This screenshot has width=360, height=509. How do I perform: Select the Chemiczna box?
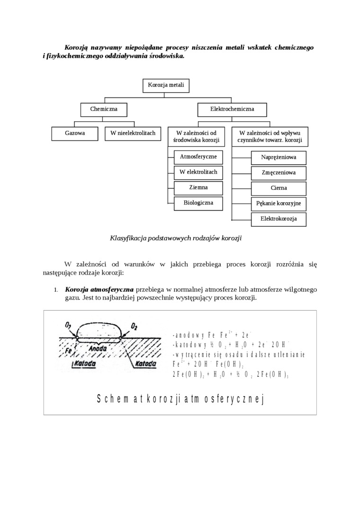tap(104, 109)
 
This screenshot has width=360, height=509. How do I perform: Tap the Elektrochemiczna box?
tap(232, 109)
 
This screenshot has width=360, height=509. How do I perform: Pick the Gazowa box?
tap(75, 134)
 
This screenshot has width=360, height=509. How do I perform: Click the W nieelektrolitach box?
tap(133, 134)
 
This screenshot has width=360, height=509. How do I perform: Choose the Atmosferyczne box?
tap(198, 157)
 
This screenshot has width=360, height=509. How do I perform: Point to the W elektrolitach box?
tap(198, 172)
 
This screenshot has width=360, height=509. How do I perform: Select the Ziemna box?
tap(198, 188)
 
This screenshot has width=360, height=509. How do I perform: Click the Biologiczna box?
tap(198, 203)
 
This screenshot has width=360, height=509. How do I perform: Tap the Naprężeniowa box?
tap(279, 157)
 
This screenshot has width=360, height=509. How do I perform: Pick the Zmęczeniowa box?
tap(279, 173)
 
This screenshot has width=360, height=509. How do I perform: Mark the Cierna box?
tap(279, 188)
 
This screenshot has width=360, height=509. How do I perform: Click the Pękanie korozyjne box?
tap(279, 204)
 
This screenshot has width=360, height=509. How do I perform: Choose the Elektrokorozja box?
tap(279, 219)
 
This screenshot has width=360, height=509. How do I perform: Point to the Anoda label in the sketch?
tap(98, 348)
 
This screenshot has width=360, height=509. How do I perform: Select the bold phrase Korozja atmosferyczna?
tap(99, 289)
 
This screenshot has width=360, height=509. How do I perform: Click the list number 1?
tap(55, 290)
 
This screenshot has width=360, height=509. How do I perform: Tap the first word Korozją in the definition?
tap(77, 48)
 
